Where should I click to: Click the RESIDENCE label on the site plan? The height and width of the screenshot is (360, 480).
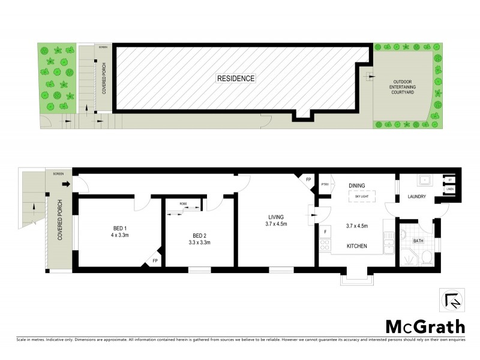(236, 79)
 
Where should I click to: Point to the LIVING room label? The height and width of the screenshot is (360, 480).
(277, 217)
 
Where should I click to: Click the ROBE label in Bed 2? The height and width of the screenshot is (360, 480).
(182, 204)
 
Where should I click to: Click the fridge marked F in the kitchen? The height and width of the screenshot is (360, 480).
(325, 231)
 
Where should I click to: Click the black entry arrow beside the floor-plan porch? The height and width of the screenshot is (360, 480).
(67, 184)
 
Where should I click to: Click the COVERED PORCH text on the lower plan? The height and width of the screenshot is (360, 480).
(60, 221)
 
